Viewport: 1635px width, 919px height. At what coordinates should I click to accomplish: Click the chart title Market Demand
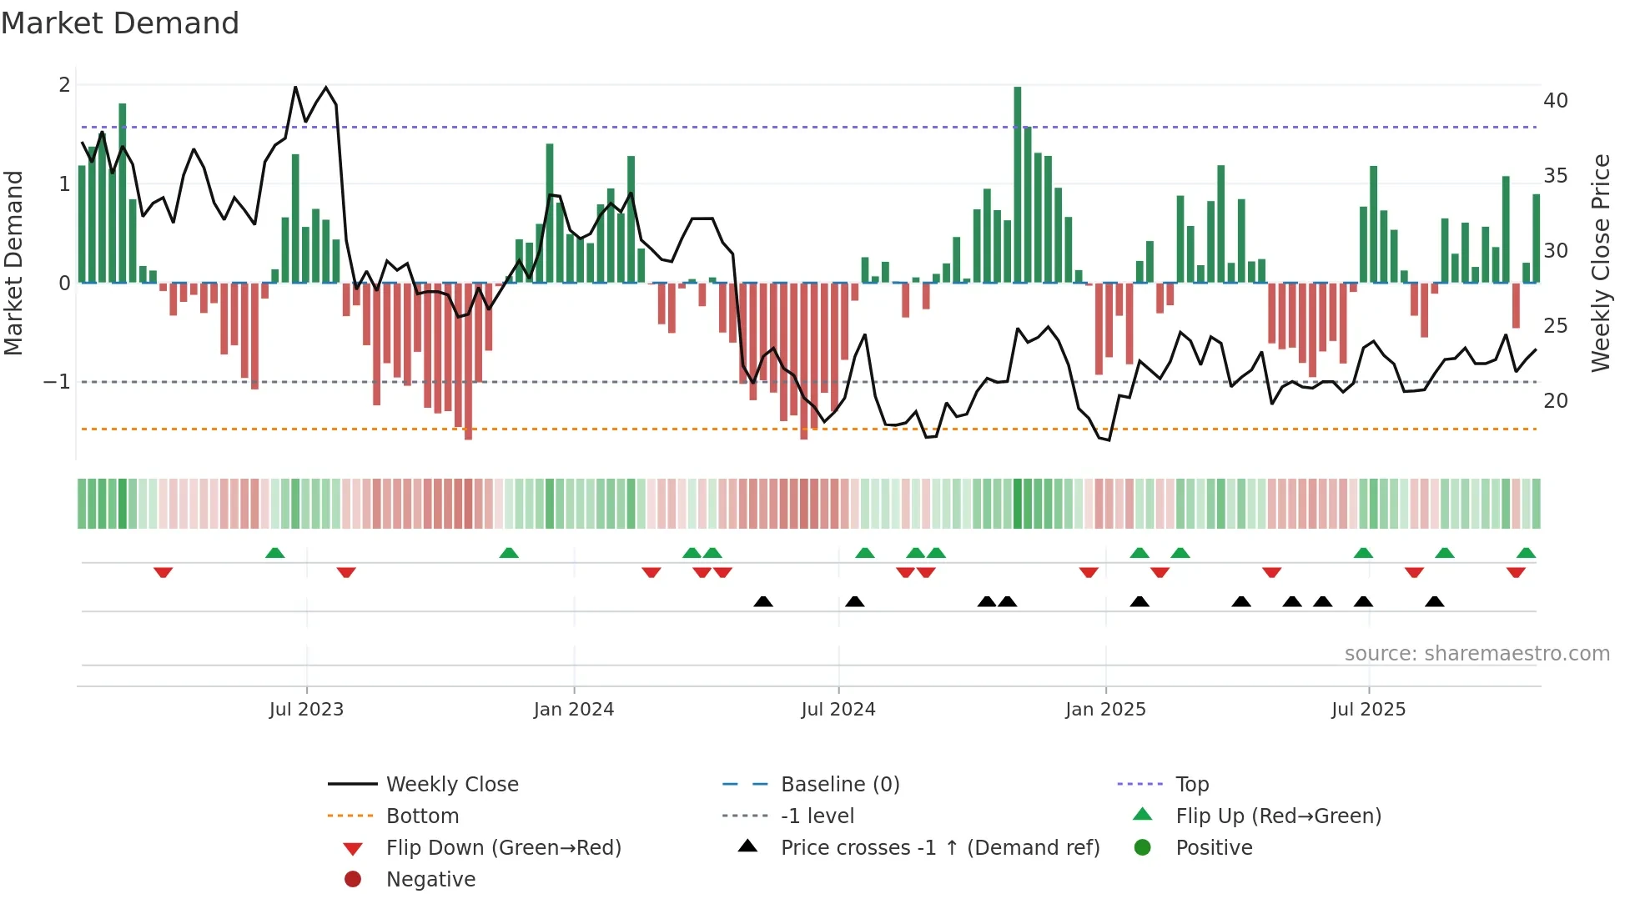[120, 23]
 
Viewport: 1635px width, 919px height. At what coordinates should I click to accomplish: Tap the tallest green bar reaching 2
[1017, 183]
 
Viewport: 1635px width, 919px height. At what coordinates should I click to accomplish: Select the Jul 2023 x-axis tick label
[306, 710]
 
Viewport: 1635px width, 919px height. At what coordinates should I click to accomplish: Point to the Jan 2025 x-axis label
[1105, 710]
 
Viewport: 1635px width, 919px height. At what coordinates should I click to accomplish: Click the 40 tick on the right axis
[1555, 101]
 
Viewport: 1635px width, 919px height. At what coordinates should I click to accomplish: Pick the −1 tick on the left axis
[58, 382]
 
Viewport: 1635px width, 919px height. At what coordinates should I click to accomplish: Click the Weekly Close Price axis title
[1600, 263]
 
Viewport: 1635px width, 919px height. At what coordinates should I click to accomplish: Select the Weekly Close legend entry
[451, 785]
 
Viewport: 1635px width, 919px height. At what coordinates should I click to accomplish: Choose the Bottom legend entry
[422, 816]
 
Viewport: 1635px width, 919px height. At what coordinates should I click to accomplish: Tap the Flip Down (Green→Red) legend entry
[503, 848]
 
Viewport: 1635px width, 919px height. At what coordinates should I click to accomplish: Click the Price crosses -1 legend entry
[939, 848]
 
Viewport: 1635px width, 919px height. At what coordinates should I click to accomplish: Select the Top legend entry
[1191, 785]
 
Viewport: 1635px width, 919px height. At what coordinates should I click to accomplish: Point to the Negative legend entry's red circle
[353, 880]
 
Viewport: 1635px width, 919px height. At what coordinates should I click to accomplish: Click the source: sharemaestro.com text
[1477, 654]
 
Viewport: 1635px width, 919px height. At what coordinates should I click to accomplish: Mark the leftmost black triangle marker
[762, 601]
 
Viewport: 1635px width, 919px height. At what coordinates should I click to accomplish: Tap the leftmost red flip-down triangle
[163, 572]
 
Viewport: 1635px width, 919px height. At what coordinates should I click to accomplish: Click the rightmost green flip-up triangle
[1526, 553]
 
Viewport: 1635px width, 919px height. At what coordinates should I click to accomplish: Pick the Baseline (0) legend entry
[839, 785]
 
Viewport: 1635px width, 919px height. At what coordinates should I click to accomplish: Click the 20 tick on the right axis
[1555, 401]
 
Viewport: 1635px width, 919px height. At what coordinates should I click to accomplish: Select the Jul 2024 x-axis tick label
[838, 710]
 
